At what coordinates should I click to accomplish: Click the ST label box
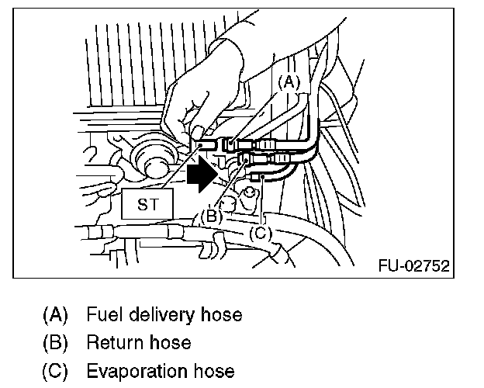pyautogui.click(x=147, y=205)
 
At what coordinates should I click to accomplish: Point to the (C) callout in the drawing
pyautogui.click(x=263, y=231)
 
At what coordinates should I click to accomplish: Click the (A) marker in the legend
pyautogui.click(x=55, y=314)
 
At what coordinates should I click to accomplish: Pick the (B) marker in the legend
pyautogui.click(x=55, y=342)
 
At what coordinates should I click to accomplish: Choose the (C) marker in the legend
pyautogui.click(x=55, y=370)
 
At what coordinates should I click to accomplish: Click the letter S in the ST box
pyautogui.click(x=140, y=205)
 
